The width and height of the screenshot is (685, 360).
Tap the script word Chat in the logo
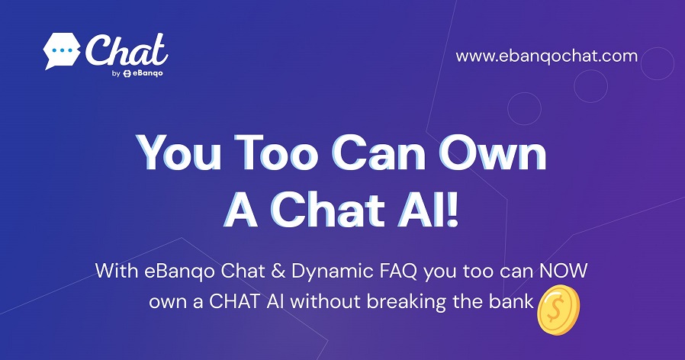click(x=127, y=50)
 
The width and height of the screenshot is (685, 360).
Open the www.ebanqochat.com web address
click(x=546, y=56)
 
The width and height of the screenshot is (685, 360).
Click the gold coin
click(x=558, y=310)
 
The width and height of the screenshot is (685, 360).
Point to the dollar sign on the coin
click(x=555, y=310)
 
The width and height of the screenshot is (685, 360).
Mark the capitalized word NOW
click(x=564, y=271)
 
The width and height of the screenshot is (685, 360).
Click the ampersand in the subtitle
click(x=278, y=272)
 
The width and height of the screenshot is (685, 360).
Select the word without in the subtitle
click(x=326, y=301)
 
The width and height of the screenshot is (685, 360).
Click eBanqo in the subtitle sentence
click(x=179, y=272)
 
